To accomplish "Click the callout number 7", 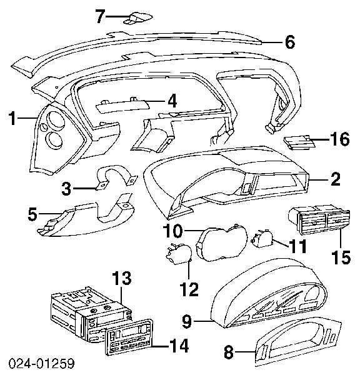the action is pos(101,16).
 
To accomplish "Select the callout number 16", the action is pos(340,139).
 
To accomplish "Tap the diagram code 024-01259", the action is pos(42,364).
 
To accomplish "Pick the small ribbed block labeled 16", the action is pos(299,142).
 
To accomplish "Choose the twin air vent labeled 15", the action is pos(319,219).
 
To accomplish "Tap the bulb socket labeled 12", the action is pos(179,254).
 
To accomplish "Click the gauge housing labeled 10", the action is pos(222,242).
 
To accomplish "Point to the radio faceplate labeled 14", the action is pos(129,339).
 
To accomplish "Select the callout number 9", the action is pos(187,321).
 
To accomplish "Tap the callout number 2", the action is pos(336,179).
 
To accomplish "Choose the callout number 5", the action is pos(32,214).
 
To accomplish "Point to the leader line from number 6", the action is pos(271,43).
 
